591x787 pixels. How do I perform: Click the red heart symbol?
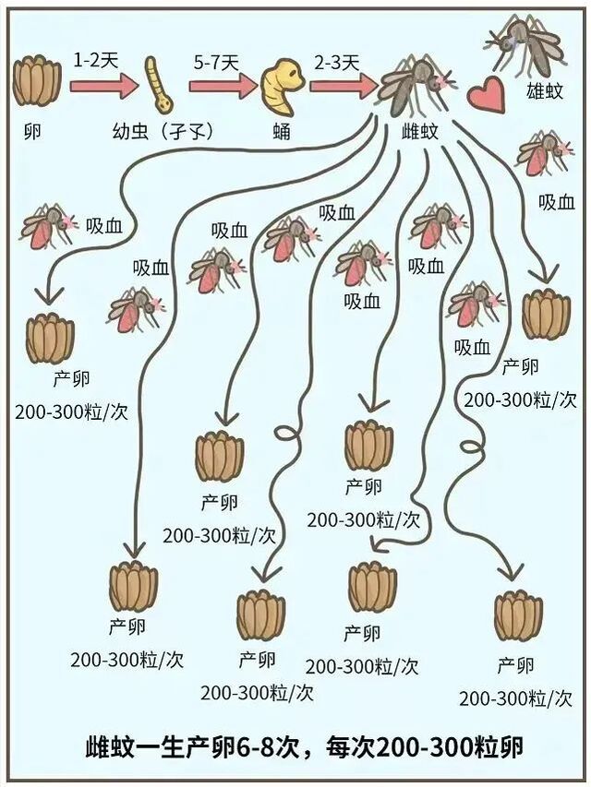pos(486,94)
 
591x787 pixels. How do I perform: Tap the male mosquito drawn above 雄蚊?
pos(527,46)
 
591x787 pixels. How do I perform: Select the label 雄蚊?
pos(545,92)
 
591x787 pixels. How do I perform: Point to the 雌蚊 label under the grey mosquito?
pos(419,132)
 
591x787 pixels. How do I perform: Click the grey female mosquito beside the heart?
pos(416,83)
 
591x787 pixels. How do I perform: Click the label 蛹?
pos(282,132)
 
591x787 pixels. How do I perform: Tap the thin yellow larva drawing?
pos(159,84)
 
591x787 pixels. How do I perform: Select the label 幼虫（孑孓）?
pos(163,132)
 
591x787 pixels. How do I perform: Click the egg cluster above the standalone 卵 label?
pos(37,81)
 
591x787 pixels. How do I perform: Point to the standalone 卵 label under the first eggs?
pos(32,132)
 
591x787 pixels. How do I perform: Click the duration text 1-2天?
pos(95,61)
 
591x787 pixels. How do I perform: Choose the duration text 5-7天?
pos(216,63)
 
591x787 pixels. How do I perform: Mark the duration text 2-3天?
pos(337,63)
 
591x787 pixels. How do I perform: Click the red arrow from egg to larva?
pos(103,86)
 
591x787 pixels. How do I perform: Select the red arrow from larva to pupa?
pos(223,86)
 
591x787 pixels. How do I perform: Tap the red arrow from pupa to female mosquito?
pos(343,86)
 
